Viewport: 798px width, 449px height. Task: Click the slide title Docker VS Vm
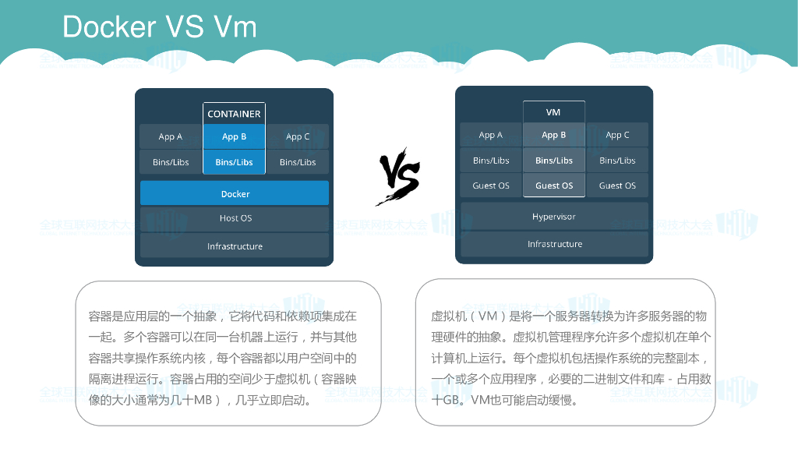160,27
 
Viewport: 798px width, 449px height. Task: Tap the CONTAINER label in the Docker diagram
234,114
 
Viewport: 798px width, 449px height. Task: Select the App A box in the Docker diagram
171,136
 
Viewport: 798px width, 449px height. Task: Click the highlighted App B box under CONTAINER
234,136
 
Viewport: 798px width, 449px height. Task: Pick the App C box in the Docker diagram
298,136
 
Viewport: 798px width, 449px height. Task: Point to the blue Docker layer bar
235,193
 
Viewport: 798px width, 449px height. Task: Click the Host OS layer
235,218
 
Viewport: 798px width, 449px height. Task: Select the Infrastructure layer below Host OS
235,246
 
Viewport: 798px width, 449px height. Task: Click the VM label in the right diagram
553,112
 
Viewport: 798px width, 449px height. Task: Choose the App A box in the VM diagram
491,135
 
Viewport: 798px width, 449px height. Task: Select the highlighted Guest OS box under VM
554,186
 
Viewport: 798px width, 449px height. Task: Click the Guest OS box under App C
617,186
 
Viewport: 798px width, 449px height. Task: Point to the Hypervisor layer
554,217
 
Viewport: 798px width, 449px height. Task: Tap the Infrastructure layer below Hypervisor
554,244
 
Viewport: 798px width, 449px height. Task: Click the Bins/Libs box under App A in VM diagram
491,161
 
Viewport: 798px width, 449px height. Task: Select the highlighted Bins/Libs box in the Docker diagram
234,162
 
